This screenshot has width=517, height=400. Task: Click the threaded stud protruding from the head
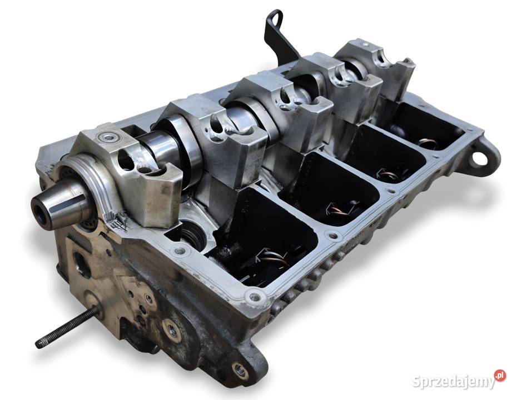[x=68, y=326]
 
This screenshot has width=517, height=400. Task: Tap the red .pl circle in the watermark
[x=500, y=376]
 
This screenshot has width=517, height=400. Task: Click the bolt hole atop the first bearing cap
[x=107, y=136]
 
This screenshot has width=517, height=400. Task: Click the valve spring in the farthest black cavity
[x=429, y=144]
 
